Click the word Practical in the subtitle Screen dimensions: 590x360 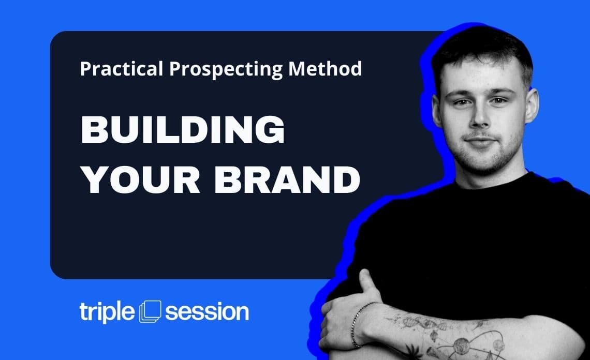coord(122,69)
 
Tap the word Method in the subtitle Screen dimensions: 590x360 coord(325,68)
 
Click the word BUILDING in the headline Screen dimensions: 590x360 coord(183,129)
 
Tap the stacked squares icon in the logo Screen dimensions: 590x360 coord(150,311)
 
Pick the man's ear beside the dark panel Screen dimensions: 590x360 coord(437,110)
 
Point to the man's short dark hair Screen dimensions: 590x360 coord(483,49)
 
